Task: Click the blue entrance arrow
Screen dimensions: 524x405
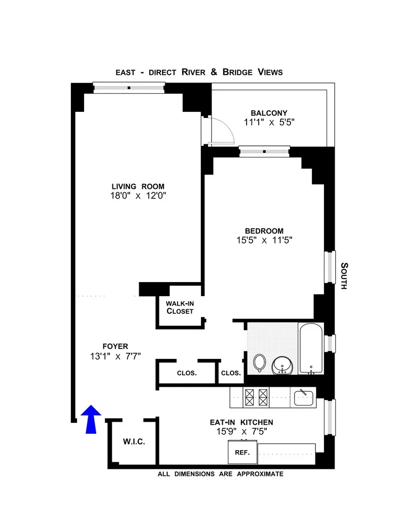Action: coord(91,419)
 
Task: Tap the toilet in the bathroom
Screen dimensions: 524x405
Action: coord(259,362)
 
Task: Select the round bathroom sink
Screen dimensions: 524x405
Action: coord(281,365)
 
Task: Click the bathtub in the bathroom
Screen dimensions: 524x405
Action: coord(310,349)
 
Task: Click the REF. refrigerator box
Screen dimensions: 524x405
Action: coord(242,452)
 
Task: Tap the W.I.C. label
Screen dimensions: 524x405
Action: coord(134,442)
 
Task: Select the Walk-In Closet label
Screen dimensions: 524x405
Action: coord(180,307)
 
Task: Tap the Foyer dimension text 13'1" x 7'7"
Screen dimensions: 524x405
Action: coord(114,356)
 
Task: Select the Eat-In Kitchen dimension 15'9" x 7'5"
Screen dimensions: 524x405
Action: coord(241,431)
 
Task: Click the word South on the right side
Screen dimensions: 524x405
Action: coord(344,275)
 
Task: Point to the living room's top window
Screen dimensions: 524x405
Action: coord(129,88)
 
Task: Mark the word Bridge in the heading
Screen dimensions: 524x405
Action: coord(240,72)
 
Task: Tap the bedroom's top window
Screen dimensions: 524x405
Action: coord(264,150)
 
